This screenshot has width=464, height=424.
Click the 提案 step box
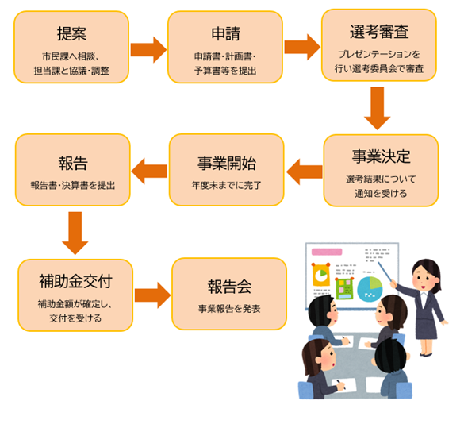71,48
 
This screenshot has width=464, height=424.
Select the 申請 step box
225,48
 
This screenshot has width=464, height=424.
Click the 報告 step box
72,170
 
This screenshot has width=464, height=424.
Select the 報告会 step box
229,294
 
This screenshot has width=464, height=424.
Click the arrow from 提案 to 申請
148,49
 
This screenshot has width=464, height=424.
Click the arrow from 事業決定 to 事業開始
304,169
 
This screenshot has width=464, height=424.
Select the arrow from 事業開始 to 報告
148,169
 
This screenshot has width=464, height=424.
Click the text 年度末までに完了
226,185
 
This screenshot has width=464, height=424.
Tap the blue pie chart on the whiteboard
370,287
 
